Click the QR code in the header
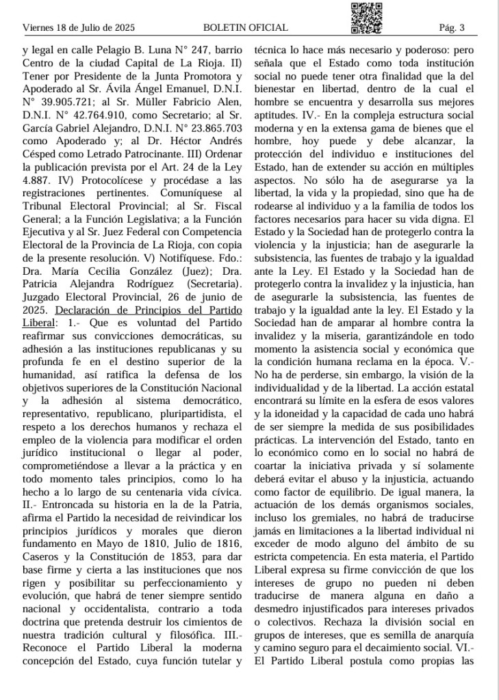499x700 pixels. point(366,18)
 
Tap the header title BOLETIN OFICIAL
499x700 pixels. point(246,28)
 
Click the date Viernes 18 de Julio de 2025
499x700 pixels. point(79,28)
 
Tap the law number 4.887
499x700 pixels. point(37,185)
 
